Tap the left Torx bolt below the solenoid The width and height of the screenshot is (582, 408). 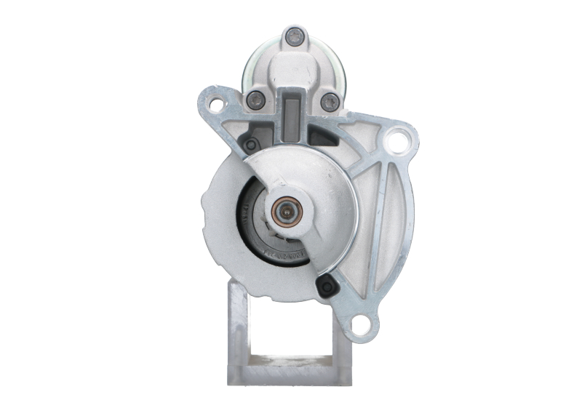(254, 100)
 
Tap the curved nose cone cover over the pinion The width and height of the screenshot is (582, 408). (320, 182)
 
